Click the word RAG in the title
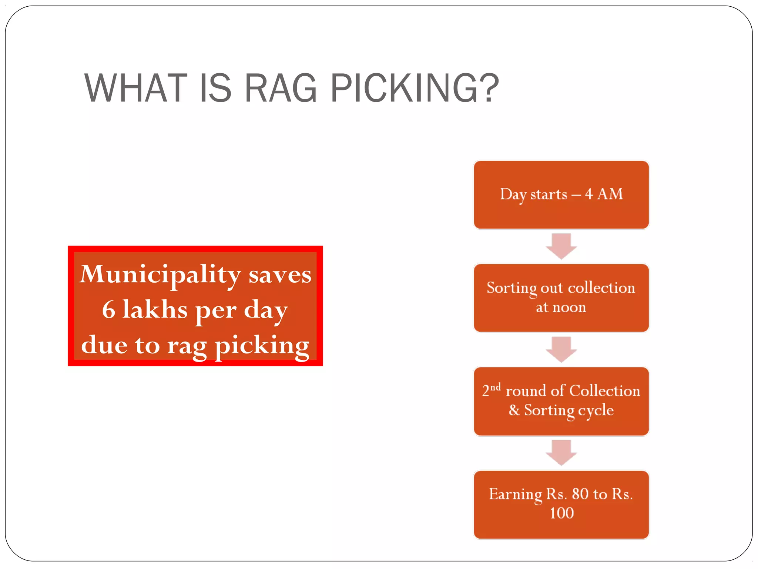tap(280, 89)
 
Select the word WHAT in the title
tap(136, 89)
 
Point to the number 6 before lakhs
tap(108, 310)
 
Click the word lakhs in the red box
tap(155, 310)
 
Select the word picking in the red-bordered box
tap(262, 345)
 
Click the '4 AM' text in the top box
tap(604, 194)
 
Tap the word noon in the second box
tap(569, 307)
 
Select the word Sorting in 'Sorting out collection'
tap(512, 288)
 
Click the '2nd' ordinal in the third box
tap(491, 390)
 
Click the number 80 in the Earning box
tap(580, 494)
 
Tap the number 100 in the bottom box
tap(561, 513)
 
